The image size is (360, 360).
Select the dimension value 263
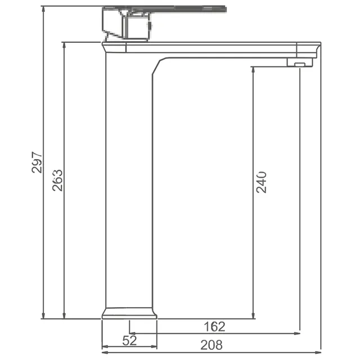58,179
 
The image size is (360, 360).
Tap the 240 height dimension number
262,181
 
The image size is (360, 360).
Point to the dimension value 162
214,326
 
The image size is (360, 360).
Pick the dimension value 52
129,340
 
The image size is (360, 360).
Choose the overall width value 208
211,345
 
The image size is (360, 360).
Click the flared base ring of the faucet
129,313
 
